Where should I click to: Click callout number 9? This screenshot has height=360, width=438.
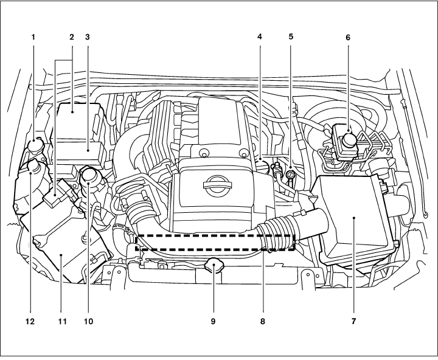[x=214, y=319]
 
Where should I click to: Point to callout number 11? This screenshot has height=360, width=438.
[x=60, y=319]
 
